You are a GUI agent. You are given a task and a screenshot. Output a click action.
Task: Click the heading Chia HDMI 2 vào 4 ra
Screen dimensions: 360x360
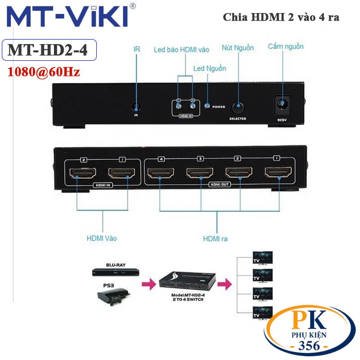(x=281, y=17)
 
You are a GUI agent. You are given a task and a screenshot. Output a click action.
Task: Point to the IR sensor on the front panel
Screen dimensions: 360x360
(x=136, y=107)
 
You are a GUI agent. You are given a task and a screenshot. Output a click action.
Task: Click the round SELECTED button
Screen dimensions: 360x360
(x=238, y=108)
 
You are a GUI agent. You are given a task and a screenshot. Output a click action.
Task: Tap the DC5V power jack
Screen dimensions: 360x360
(x=282, y=106)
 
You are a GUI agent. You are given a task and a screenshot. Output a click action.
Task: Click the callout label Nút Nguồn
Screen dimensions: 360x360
(x=238, y=48)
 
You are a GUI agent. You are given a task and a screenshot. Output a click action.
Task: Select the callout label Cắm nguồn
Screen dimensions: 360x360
(x=286, y=46)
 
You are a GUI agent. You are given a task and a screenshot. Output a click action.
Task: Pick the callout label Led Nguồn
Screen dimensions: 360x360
(x=210, y=68)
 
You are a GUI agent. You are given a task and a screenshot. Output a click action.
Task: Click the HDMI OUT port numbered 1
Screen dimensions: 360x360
(x=278, y=173)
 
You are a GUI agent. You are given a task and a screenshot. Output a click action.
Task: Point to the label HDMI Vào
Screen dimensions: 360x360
(x=101, y=238)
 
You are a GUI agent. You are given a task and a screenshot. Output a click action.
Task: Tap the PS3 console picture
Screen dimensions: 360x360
(x=112, y=296)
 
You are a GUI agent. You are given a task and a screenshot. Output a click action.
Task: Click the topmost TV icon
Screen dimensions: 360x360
(x=263, y=257)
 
